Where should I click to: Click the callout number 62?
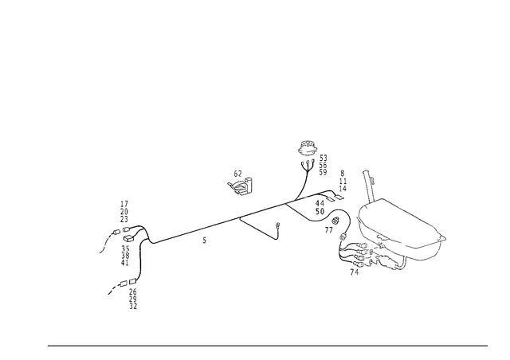(238, 174)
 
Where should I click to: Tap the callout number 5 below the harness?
(204, 241)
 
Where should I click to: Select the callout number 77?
(329, 230)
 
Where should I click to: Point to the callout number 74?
(354, 272)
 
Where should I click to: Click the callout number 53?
(323, 158)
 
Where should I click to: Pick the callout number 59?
(323, 172)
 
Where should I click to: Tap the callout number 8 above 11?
(342, 174)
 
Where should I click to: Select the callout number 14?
(343, 189)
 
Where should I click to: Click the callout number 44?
(320, 204)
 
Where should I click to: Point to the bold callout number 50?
(320, 211)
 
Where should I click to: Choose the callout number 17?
(124, 204)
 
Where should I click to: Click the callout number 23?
(124, 219)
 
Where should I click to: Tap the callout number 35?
(125, 248)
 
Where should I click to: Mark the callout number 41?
(125, 263)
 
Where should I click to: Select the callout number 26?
(133, 292)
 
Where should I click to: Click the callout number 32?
(133, 307)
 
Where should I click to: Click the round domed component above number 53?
(307, 148)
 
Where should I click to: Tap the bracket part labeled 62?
(241, 186)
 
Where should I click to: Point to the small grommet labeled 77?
(335, 221)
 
